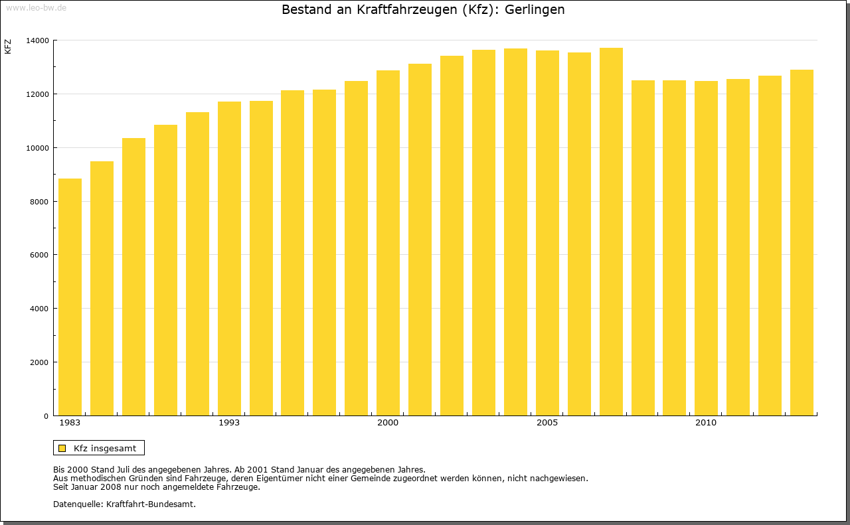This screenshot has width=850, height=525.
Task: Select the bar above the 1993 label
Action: click(229, 259)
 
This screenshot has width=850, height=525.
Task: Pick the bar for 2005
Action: click(547, 233)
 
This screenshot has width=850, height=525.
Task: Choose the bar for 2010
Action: click(706, 248)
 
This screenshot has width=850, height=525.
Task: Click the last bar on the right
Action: click(802, 243)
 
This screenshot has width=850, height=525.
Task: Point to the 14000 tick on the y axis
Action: click(37, 40)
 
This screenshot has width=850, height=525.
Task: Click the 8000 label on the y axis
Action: click(39, 201)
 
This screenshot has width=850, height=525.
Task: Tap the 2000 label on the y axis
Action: click(39, 362)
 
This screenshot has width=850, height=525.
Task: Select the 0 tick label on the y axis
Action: click(46, 416)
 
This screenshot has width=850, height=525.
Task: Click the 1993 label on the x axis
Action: click(229, 423)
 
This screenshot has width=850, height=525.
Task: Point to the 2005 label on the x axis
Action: click(547, 423)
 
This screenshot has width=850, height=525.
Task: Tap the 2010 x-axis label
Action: click(706, 423)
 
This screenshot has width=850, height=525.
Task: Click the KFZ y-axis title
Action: click(8, 47)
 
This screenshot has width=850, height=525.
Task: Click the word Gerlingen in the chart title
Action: click(535, 10)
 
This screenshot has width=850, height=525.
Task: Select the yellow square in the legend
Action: click(62, 448)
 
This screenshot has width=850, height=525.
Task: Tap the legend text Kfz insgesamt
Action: click(105, 448)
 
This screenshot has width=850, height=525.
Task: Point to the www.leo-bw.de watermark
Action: click(35, 7)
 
